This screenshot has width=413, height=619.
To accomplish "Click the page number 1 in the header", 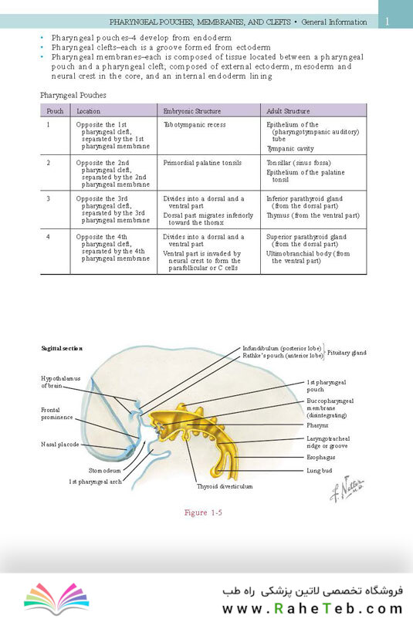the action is [x=388, y=22].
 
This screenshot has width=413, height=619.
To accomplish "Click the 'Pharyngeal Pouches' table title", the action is [x=73, y=95].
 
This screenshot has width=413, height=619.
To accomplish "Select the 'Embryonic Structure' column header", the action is [x=192, y=111].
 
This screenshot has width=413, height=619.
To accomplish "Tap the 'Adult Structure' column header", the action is [x=288, y=111].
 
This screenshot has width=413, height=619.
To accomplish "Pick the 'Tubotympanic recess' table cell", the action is [x=195, y=125].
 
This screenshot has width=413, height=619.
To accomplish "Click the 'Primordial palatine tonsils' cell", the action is [x=202, y=163].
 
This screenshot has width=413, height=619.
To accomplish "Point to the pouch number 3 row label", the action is [x=48, y=198].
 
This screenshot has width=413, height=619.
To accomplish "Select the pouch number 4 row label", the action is [x=48, y=237].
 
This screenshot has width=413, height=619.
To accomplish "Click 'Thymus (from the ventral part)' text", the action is [x=313, y=215].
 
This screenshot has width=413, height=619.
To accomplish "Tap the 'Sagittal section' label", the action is [x=62, y=348].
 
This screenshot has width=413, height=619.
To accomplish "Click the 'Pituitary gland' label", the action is [x=347, y=353].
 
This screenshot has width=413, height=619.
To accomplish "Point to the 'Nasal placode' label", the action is [x=60, y=445].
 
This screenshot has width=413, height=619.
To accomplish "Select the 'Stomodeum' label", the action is [x=105, y=471].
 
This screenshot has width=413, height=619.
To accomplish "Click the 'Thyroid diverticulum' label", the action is [x=225, y=486].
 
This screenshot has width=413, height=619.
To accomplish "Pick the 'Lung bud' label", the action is [x=320, y=471].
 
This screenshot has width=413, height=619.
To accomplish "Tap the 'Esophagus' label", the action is [x=321, y=457].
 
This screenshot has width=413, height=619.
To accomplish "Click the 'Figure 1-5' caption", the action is [x=203, y=512].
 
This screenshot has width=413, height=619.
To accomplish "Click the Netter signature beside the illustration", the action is [x=347, y=489].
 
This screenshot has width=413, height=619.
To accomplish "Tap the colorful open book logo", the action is [x=56, y=597].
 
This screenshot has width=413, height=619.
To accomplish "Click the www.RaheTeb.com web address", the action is [x=313, y=608].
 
